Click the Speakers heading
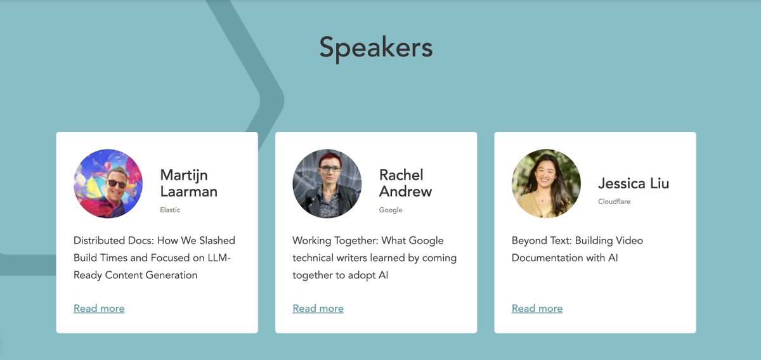pos(375,48)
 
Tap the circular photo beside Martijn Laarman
pos(108,184)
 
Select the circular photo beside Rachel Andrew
pos(327,184)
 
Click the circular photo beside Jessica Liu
pos(546,184)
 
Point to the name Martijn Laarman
pos(188,183)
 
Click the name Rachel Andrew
pos(405,183)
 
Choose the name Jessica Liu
pos(633,184)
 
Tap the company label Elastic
pos(170,210)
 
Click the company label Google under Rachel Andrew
pos(391,210)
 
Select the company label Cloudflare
pos(614,202)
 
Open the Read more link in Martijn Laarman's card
pos(99,309)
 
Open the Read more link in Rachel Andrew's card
pos(318,309)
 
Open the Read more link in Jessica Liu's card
pos(537,309)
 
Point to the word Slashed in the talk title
pos(217,241)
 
